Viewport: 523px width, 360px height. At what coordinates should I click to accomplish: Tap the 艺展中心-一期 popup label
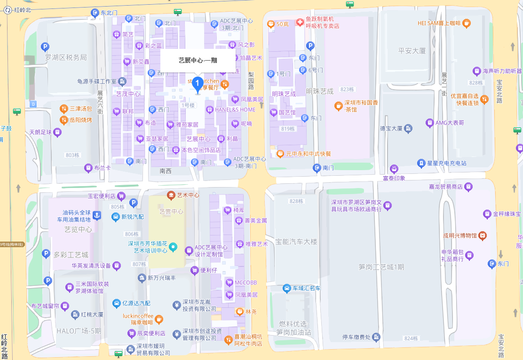(x=198, y=60)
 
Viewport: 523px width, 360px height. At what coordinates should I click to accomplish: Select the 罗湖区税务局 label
(x=66, y=57)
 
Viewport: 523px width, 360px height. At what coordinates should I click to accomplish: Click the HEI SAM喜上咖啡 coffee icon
(x=466, y=23)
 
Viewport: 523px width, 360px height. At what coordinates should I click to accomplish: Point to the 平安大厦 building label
(x=412, y=51)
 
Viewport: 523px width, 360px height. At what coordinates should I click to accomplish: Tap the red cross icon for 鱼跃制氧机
(x=300, y=22)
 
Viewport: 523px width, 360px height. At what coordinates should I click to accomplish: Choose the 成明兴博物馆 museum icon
(x=482, y=235)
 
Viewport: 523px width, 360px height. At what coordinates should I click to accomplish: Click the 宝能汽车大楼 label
(x=296, y=242)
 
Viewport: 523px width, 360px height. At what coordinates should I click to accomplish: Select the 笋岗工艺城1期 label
(x=381, y=267)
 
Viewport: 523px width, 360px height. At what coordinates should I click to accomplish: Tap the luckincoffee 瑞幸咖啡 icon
(x=159, y=319)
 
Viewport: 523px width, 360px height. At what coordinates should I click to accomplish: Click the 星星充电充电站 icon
(x=422, y=163)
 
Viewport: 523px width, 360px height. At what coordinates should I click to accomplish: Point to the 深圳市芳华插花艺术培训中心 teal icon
(x=173, y=247)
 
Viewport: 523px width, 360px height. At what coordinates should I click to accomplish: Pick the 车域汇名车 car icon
(x=286, y=288)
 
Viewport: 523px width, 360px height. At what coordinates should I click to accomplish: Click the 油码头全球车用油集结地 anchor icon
(x=96, y=215)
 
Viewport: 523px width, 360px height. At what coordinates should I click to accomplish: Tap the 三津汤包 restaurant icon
(x=64, y=109)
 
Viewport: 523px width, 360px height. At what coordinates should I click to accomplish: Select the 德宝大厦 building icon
(x=408, y=128)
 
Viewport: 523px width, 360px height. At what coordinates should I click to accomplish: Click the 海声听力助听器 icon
(x=476, y=71)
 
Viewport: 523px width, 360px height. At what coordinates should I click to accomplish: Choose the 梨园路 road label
(x=251, y=81)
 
